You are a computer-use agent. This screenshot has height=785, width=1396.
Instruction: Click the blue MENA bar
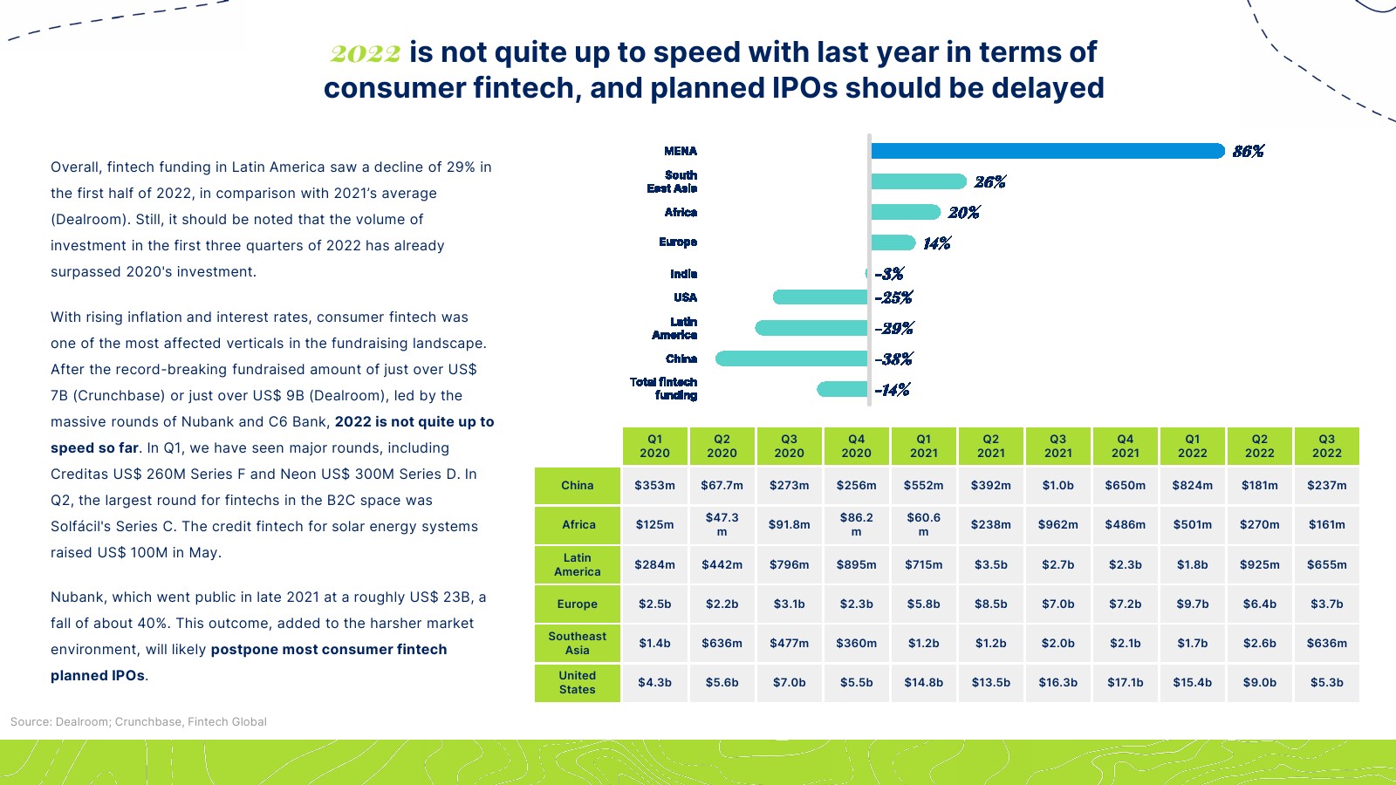pos(1047,151)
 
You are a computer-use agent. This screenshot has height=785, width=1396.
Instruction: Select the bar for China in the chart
pos(791,358)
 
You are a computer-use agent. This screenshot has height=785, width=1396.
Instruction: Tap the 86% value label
pos(1248,152)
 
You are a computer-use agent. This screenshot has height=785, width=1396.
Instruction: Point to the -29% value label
pos(893,329)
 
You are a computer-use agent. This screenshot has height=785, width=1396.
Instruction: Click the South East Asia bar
pos(918,181)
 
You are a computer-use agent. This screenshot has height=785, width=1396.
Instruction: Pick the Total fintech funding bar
pos(842,389)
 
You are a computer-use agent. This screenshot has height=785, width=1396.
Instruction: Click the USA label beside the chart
pos(685,297)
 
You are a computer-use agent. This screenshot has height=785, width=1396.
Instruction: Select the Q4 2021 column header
pos(1126,446)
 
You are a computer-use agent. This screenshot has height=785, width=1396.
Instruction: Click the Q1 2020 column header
pos(654,446)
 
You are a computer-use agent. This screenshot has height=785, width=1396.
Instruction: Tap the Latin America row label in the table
pos(578,564)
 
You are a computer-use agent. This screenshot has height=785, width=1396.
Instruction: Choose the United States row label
pos(578,682)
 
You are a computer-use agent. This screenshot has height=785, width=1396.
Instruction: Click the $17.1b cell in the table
pos(1126,682)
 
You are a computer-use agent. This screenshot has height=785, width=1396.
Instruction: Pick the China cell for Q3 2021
pos(1057,485)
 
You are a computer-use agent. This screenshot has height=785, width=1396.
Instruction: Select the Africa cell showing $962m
pos(1057,524)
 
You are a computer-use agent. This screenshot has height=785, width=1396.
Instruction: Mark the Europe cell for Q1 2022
pos(1192,604)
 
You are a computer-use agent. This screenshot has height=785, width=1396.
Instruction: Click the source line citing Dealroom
pos(139,721)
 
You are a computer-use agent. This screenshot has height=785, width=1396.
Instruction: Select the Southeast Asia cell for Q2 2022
pos(1259,643)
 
